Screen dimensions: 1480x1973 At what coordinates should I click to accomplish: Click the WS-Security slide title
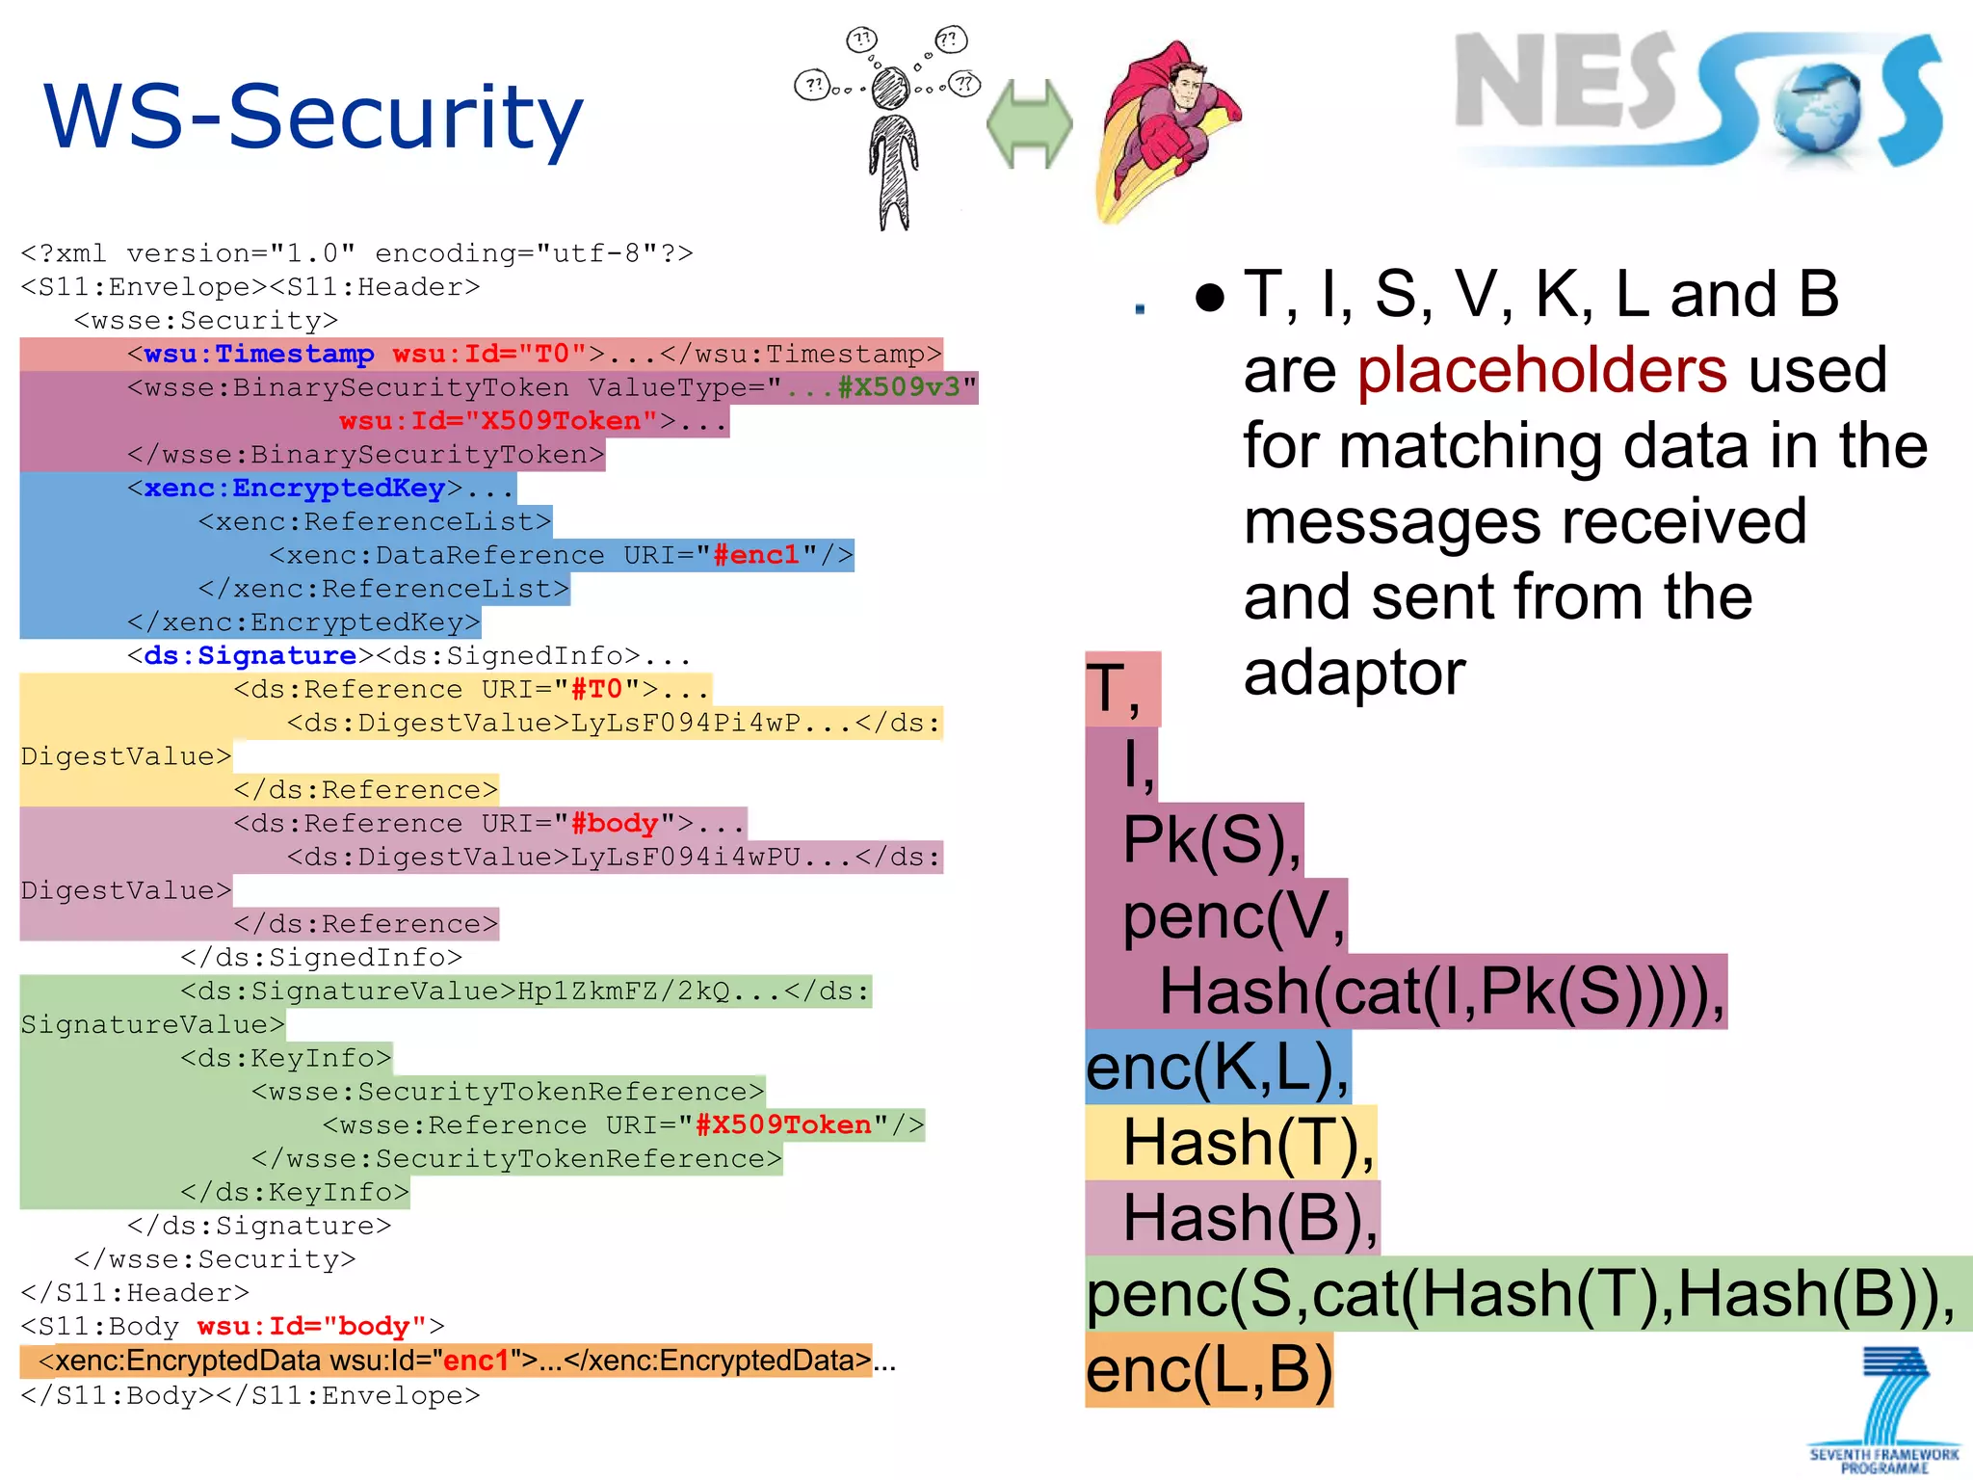(313, 118)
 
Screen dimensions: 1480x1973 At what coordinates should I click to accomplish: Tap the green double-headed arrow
(1029, 123)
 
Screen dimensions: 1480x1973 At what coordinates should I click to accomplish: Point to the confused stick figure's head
(890, 89)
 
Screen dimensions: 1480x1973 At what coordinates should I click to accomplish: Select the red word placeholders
(1542, 370)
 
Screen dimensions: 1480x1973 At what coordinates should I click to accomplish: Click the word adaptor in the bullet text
(1354, 673)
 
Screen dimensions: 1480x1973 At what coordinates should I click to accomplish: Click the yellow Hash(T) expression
(1249, 1143)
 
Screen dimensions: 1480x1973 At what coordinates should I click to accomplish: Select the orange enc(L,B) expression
(1209, 1370)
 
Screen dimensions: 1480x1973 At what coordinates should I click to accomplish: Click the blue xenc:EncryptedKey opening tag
(294, 489)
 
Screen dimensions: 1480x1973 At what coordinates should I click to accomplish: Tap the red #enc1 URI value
(756, 555)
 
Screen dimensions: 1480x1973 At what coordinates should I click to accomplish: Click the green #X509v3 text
(899, 387)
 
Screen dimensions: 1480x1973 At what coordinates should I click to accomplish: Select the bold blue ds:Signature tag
(250, 656)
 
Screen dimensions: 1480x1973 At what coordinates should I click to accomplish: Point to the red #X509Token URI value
(782, 1124)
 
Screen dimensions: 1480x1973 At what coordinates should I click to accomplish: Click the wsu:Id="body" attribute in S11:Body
(312, 1327)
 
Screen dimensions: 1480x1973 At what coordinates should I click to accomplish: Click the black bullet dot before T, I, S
(1209, 298)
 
